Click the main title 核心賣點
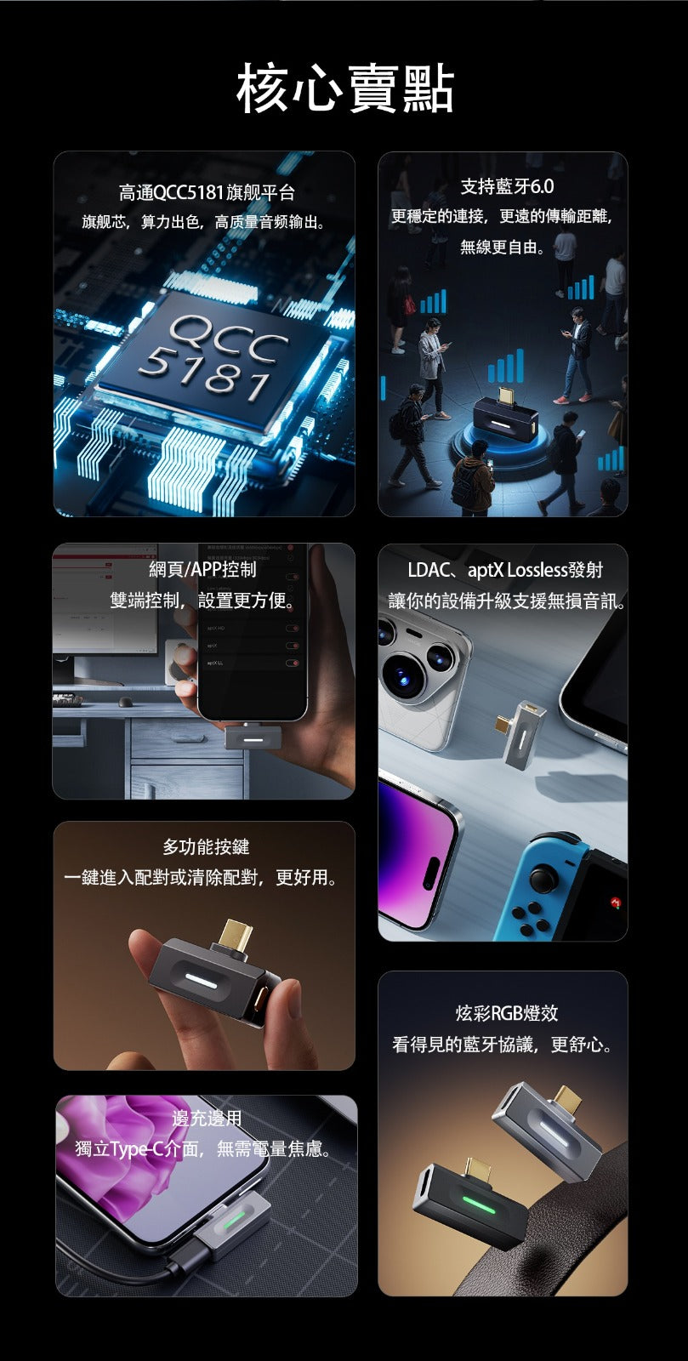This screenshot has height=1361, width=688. pos(344,88)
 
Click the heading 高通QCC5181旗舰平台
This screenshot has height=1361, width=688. pos(206,192)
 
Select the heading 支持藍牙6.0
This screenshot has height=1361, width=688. pos(507,185)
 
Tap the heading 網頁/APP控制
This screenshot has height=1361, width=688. pos(202,569)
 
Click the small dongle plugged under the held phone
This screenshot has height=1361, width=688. pos(253,736)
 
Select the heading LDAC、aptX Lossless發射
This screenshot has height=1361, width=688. pos(504,570)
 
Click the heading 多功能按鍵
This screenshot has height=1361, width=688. pos(205,846)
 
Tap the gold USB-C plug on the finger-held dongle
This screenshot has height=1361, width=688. pos(235,937)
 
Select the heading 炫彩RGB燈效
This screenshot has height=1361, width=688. pos(507,1012)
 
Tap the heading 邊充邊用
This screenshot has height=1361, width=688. pos(207,1118)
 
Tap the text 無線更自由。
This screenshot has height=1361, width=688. pos(503,247)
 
